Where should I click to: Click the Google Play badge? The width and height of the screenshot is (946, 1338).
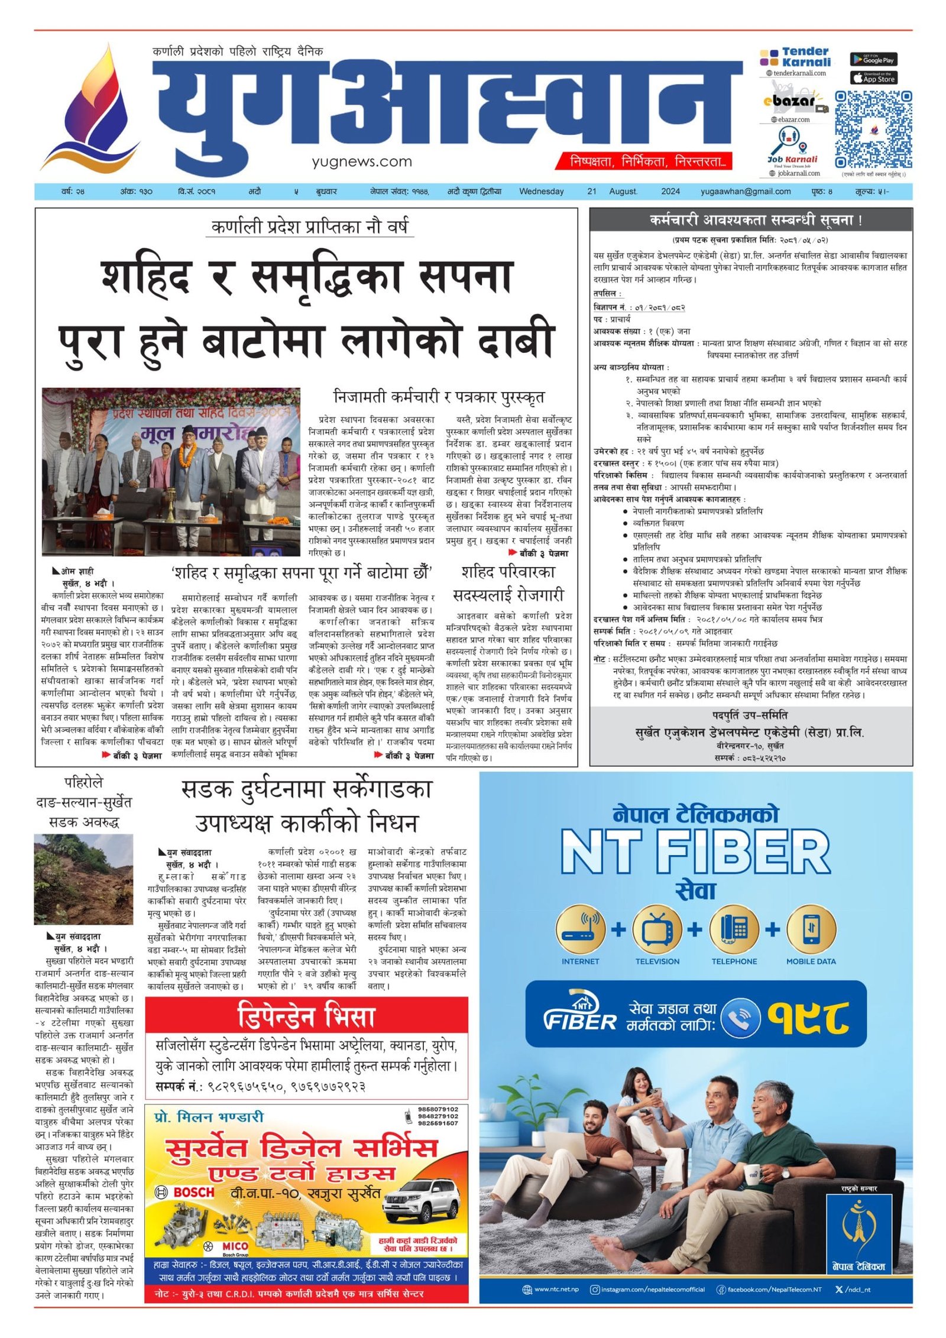873,59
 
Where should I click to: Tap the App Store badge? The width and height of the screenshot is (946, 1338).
873,78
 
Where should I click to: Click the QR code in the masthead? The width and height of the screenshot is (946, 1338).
873,129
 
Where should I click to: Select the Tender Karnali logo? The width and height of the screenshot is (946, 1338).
795,57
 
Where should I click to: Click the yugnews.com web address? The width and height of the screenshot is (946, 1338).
361,161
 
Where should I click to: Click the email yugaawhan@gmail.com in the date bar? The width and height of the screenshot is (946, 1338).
745,192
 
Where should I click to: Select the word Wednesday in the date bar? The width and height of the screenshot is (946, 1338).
541,192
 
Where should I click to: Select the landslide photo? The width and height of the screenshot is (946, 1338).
83,879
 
